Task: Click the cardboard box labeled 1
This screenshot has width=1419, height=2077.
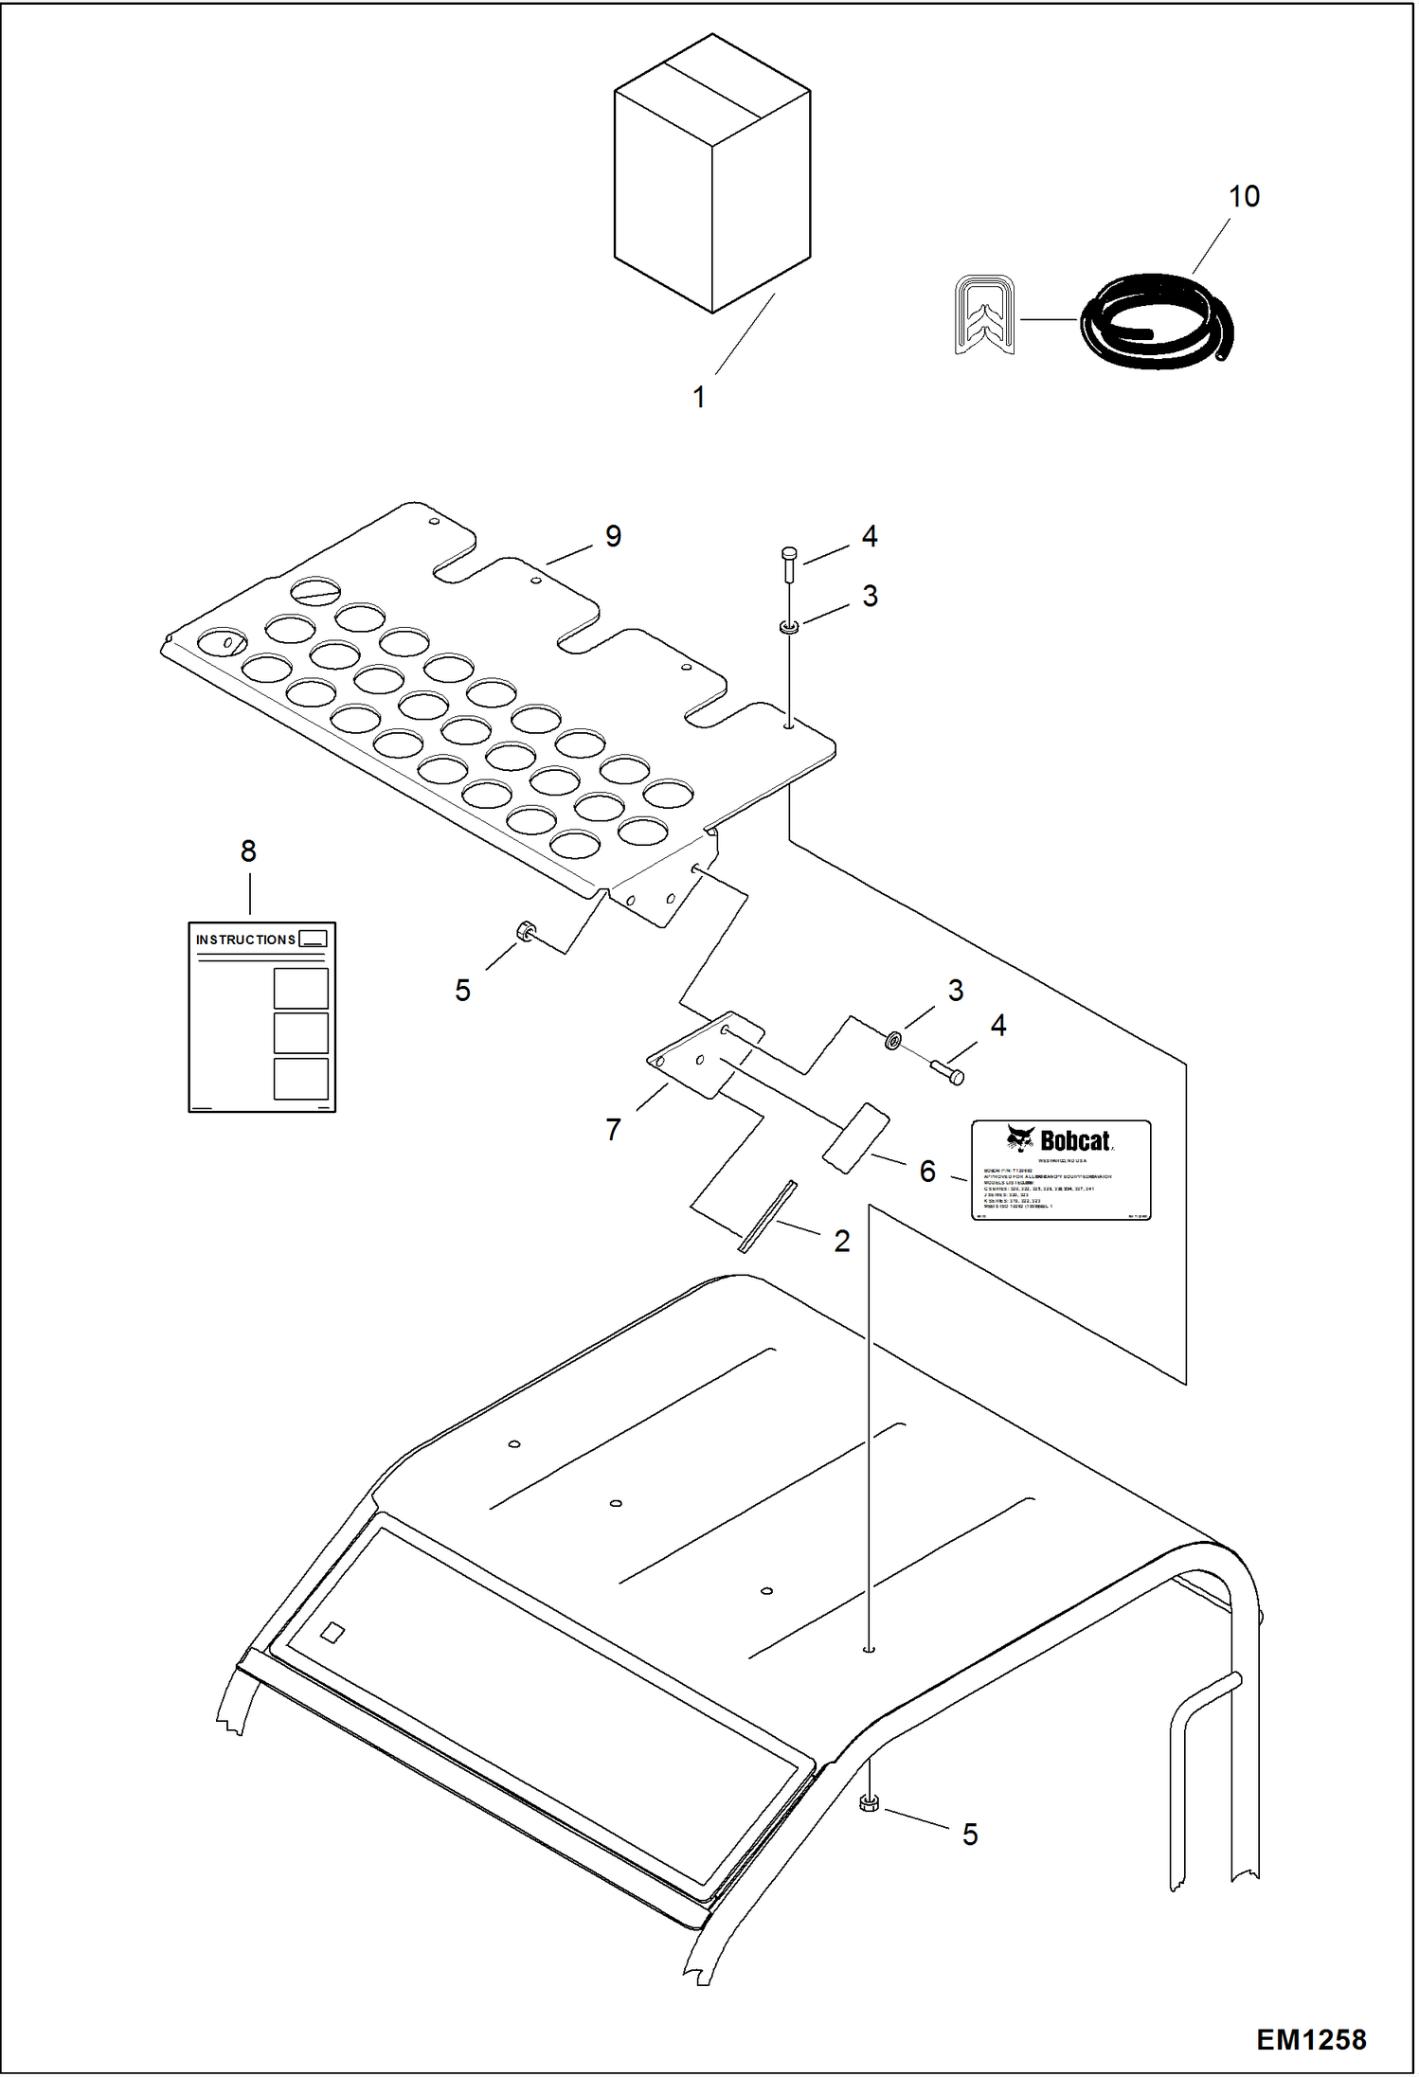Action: pos(711,175)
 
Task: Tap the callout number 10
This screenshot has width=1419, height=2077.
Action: pos(1244,197)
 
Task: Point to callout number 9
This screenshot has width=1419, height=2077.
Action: pos(613,536)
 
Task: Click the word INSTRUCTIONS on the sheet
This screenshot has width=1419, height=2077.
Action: pos(245,940)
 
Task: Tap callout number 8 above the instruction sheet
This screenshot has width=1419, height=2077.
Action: pos(248,851)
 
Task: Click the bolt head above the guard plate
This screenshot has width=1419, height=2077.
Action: pos(789,554)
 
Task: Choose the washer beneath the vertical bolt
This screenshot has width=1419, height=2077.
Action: pos(788,626)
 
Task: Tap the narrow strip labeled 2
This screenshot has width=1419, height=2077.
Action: pos(767,1217)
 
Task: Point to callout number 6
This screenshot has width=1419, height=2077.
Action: pos(927,1172)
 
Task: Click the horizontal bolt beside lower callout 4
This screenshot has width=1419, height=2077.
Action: pos(947,1072)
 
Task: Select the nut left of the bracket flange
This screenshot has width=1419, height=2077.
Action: pos(524,932)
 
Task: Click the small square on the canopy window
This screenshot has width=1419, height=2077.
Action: pos(332,1632)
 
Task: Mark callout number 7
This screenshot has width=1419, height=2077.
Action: pos(613,1129)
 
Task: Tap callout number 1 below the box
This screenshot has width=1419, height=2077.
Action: pos(699,398)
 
